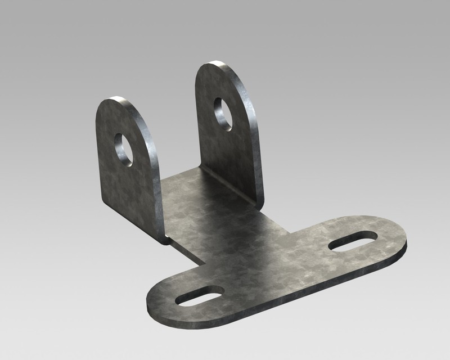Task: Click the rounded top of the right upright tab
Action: point(222,66)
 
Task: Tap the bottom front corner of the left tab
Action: point(163,241)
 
